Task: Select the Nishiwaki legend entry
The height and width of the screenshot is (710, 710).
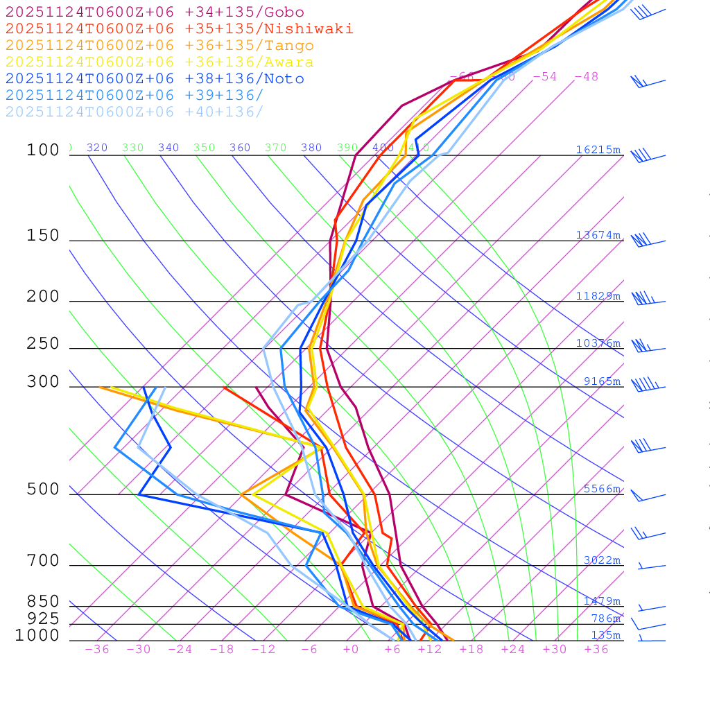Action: click(179, 28)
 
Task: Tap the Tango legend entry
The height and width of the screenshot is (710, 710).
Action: click(159, 46)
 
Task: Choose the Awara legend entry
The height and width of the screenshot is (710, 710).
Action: click(159, 62)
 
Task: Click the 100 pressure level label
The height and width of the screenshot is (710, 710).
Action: click(43, 150)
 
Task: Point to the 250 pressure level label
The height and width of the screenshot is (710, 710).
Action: click(43, 344)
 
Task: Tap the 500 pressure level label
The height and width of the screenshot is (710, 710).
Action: click(43, 490)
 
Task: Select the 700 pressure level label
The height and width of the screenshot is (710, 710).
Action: click(43, 561)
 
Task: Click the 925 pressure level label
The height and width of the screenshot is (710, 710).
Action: click(43, 618)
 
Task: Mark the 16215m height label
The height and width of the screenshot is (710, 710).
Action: click(598, 150)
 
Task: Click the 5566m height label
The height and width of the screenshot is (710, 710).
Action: click(601, 489)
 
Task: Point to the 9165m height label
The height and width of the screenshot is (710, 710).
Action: click(601, 381)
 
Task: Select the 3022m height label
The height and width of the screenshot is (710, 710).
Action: click(601, 560)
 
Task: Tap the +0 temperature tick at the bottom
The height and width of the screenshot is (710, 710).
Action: click(350, 649)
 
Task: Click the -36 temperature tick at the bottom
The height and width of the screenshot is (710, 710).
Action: click(96, 649)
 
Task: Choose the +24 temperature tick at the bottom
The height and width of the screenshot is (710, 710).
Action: click(513, 649)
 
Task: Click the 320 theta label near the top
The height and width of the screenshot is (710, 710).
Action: click(97, 148)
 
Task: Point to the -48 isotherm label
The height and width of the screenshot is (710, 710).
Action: click(586, 76)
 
